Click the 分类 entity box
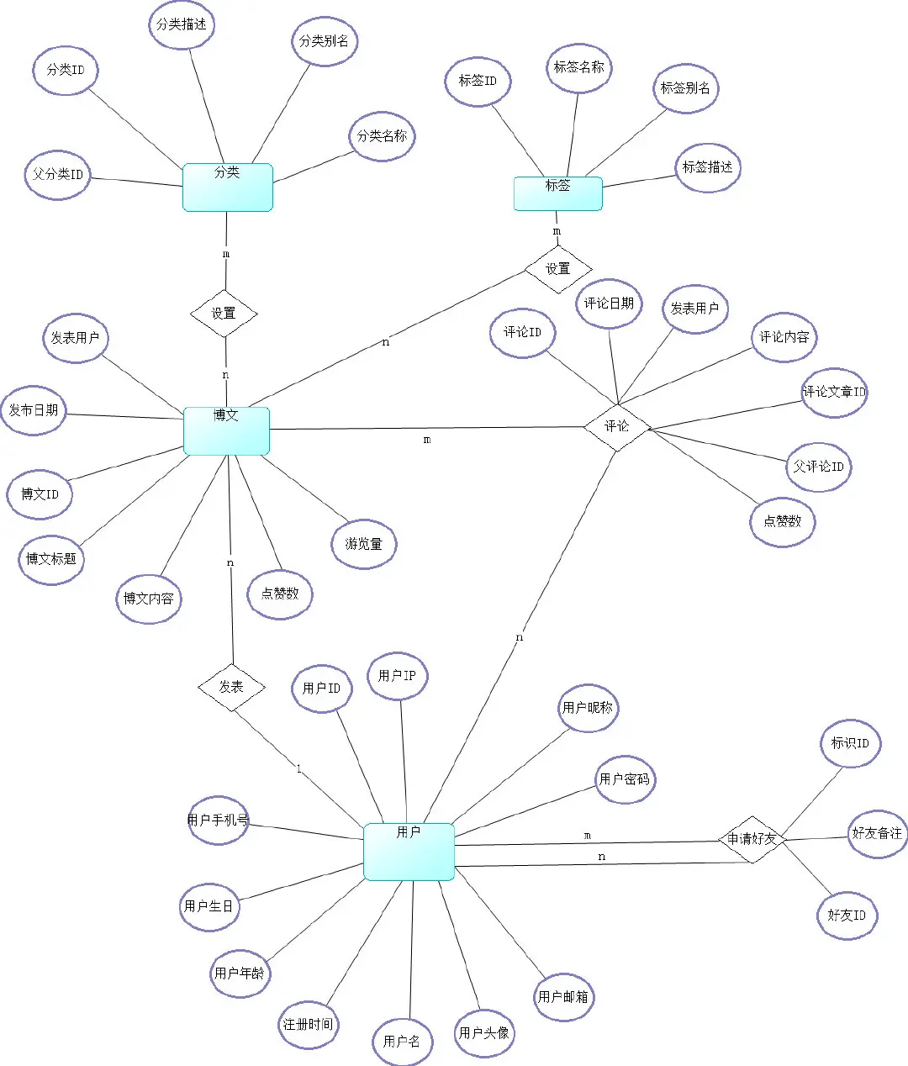[228, 187]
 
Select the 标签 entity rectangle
[558, 193]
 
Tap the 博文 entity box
[226, 430]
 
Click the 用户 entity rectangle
[409, 852]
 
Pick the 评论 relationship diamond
[617, 426]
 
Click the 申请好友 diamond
[752, 839]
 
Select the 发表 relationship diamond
[231, 687]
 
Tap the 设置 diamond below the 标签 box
[558, 269]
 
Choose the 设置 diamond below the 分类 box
[224, 314]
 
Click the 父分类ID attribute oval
[58, 175]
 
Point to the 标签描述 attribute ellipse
[707, 167]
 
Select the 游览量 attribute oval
[363, 544]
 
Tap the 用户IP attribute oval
[397, 675]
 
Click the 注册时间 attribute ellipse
[308, 1024]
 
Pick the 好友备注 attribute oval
[877, 833]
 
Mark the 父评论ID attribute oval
[818, 467]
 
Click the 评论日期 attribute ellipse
[609, 303]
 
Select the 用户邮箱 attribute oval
[563, 997]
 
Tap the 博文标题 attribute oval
[51, 559]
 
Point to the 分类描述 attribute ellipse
[182, 24]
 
